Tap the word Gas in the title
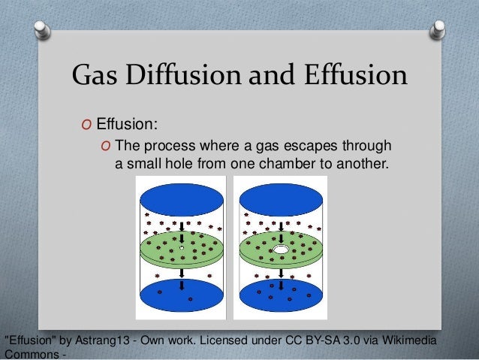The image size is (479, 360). pos(93,75)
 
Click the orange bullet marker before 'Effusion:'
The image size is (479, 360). pos(89,124)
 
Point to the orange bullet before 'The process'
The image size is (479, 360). pos(106,145)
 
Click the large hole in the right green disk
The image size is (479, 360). pos(281,248)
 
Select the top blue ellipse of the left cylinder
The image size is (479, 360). pos(182,197)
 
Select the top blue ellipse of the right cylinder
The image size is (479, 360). pos(280,197)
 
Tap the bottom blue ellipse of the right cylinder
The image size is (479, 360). pos(280,295)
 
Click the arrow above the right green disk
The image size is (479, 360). pos(279,226)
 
